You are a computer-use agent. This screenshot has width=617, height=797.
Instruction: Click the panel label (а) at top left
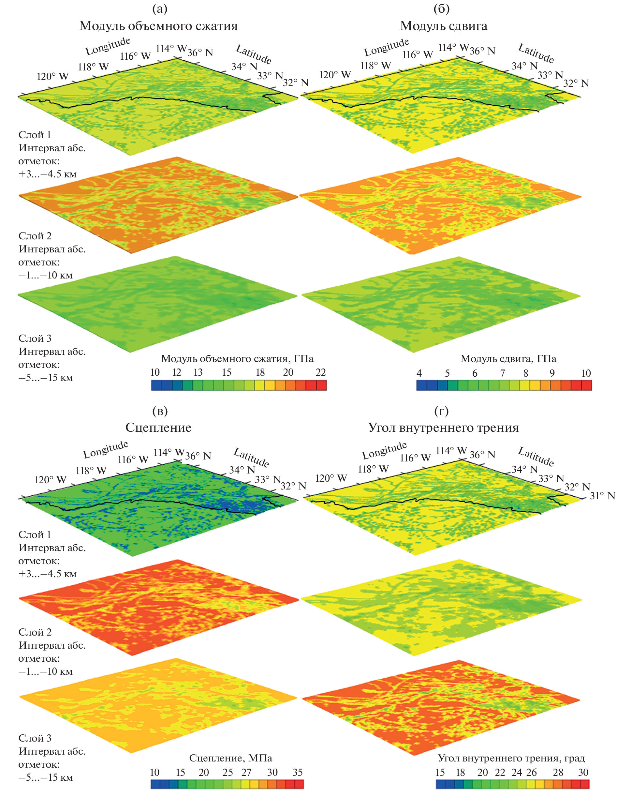(160, 9)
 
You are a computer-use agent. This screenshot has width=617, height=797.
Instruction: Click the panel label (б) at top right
(441, 9)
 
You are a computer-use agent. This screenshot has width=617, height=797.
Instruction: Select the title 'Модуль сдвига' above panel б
(443, 26)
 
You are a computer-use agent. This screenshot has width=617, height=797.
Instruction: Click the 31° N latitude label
(602, 496)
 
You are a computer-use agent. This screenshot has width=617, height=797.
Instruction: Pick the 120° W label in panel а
(52, 76)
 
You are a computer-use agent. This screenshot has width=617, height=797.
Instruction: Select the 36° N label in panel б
(482, 51)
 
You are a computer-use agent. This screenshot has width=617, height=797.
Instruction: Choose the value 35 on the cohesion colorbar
(298, 772)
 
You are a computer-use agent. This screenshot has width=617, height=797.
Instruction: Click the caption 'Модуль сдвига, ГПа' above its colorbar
(508, 359)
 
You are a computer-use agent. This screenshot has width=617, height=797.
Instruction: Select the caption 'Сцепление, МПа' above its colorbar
(230, 758)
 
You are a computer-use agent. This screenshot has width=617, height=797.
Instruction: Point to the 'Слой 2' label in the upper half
(35, 236)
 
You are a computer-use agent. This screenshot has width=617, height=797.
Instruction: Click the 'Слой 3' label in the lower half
(35, 738)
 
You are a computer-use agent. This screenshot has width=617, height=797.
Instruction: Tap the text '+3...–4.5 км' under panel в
(47, 574)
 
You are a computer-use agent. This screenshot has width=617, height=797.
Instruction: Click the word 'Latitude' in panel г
(536, 457)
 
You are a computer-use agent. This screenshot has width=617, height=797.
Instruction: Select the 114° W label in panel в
(169, 453)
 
